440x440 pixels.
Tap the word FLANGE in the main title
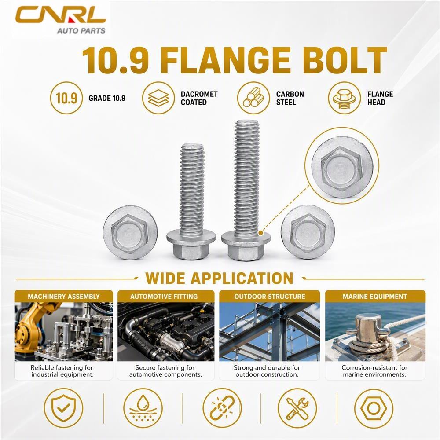(225, 61)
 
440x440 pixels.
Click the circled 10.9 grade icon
(66, 98)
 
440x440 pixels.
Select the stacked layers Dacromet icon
(158, 98)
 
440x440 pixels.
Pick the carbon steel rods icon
(253, 98)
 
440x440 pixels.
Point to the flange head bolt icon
(345, 98)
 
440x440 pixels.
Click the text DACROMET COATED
(199, 98)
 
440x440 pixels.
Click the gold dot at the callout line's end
(260, 233)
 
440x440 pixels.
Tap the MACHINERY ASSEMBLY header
(64, 296)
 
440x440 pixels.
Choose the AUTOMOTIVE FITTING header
(164, 296)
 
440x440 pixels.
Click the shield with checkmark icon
(63, 408)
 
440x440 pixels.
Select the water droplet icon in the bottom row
(143, 408)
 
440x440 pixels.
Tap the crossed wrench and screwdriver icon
(297, 408)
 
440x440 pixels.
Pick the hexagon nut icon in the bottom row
(374, 408)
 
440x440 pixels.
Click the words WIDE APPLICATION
(220, 279)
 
